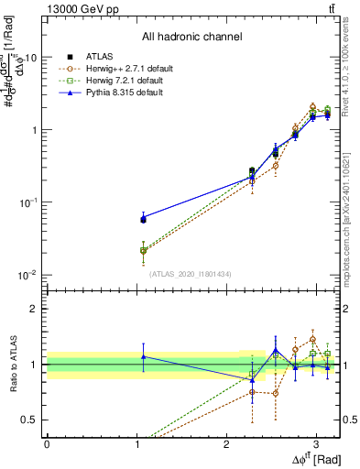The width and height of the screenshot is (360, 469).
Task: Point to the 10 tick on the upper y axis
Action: pos(29,57)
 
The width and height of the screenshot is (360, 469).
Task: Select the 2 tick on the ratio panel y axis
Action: pos(35,309)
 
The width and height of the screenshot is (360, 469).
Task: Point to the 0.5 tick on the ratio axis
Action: pos(31,420)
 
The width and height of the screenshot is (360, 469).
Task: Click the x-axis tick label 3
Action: pos(316,443)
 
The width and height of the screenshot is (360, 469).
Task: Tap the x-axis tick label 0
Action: pos(47,443)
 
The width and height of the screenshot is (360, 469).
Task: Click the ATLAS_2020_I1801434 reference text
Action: pos(191,274)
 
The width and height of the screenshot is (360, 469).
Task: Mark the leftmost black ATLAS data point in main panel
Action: pos(143,219)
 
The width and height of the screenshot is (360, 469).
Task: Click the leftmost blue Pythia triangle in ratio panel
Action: pos(143,356)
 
